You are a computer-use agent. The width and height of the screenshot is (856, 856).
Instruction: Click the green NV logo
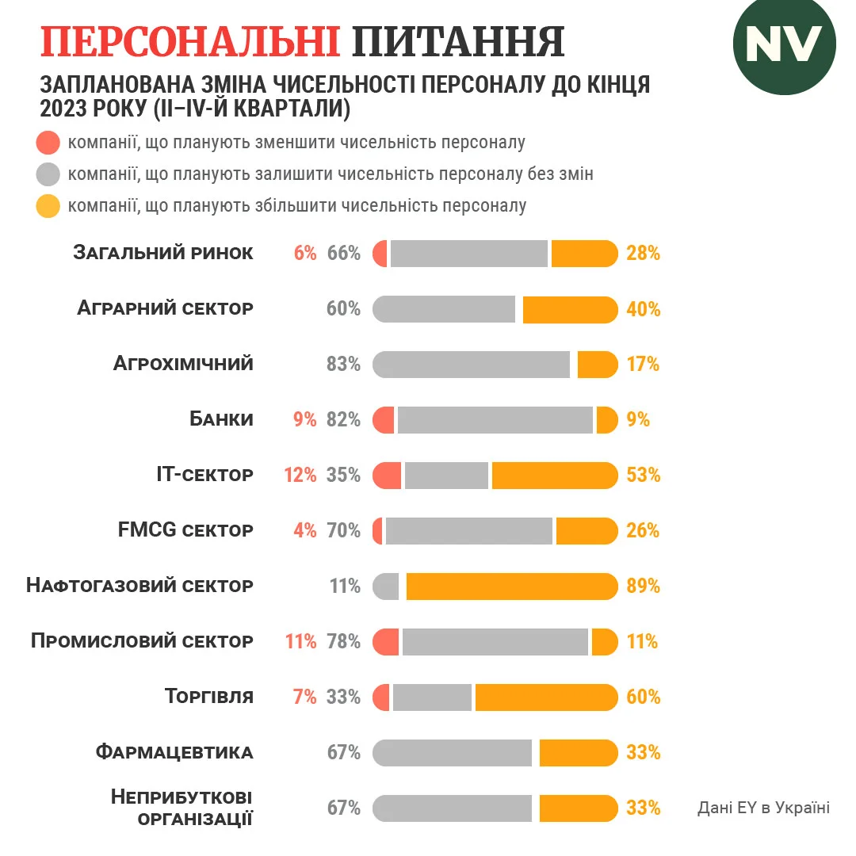784,44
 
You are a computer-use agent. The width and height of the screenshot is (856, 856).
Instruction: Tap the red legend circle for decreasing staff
48,143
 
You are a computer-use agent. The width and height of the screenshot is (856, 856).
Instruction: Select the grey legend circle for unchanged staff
48,174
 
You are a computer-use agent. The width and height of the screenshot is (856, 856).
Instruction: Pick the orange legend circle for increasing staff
48,206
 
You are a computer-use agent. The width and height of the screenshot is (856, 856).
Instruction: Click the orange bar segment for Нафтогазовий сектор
511,587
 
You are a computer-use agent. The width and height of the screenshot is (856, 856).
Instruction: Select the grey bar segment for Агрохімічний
471,365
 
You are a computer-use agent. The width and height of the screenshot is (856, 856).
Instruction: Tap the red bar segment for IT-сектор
387,476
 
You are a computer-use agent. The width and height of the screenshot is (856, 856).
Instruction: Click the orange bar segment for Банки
606,420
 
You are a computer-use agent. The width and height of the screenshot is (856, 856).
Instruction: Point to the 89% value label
643,587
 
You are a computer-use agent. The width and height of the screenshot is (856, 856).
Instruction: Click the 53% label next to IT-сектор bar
643,476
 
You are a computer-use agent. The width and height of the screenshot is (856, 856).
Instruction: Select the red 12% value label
300,476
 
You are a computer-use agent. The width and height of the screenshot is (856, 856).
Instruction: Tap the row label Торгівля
209,697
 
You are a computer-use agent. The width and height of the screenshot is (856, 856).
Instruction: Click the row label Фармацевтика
174,752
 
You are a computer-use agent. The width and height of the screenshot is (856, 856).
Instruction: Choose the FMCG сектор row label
185,530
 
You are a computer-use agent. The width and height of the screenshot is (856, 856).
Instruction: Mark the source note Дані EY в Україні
763,808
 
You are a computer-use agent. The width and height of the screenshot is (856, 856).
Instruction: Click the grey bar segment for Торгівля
432,697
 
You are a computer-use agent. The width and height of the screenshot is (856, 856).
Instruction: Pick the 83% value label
343,365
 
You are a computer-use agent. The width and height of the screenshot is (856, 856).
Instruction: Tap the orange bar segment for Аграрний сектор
570,309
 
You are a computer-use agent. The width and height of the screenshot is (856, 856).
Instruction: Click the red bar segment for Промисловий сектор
385,642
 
